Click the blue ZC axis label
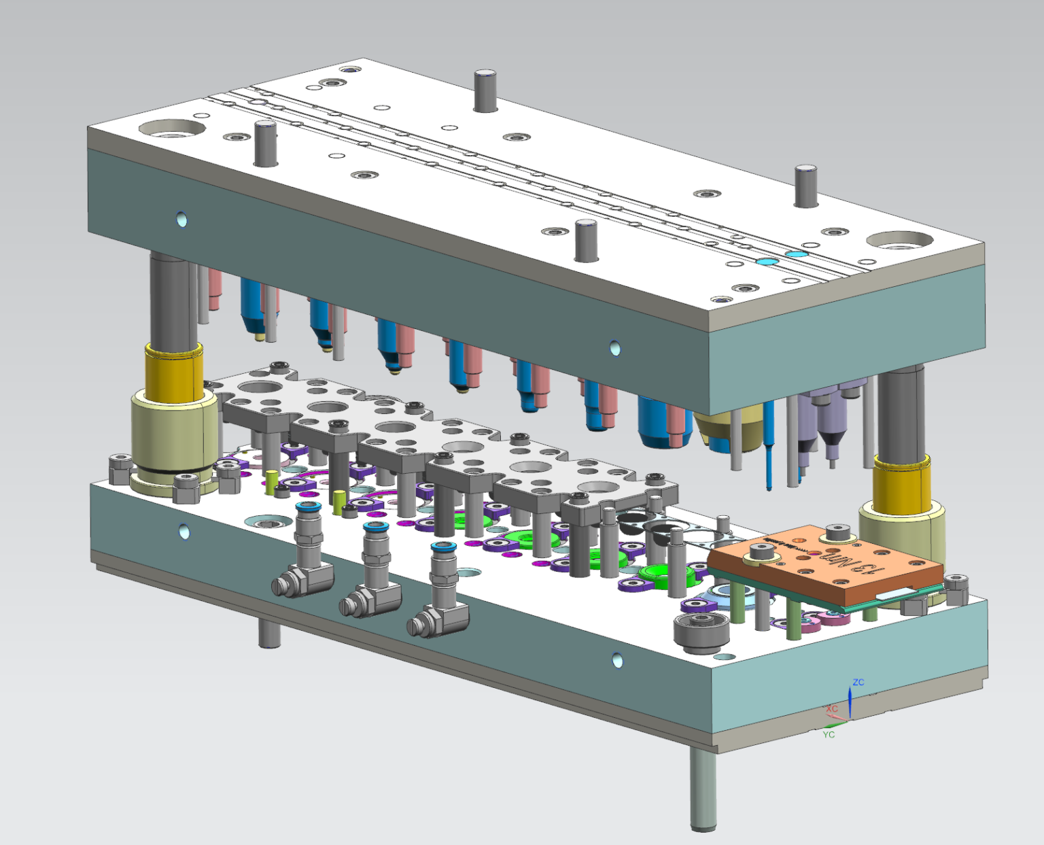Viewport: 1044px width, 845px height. tap(858, 682)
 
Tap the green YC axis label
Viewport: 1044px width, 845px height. tap(829, 734)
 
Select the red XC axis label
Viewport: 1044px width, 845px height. tap(833, 709)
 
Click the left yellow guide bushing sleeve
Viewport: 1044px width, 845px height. tap(173, 372)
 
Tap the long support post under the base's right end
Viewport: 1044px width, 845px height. tap(703, 789)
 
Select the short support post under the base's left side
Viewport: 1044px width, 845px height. tap(269, 632)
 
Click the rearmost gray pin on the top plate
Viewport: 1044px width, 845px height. tap(484, 90)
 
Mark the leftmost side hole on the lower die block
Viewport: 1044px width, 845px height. tap(184, 531)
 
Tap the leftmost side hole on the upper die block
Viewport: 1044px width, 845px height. tap(181, 220)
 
